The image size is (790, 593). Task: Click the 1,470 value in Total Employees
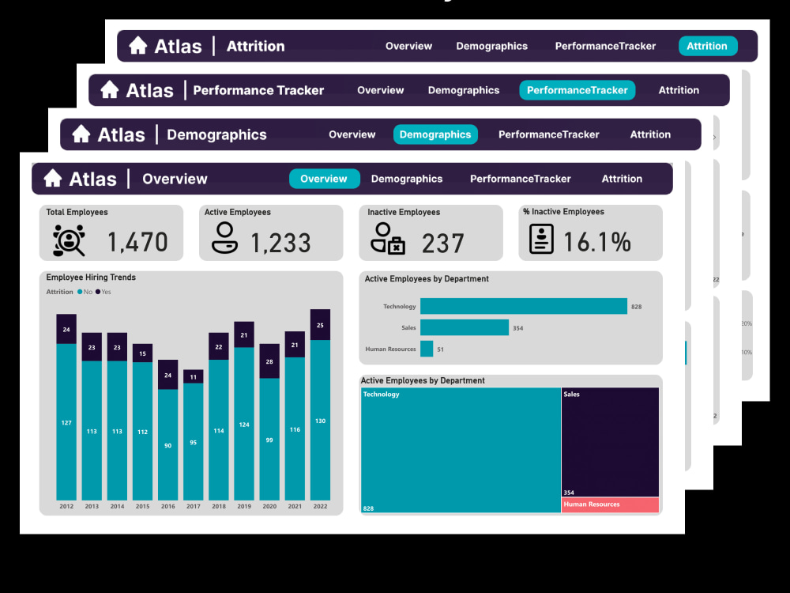click(137, 242)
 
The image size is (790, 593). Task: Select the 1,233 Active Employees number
click(280, 242)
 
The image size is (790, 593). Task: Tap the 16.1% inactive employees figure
click(596, 242)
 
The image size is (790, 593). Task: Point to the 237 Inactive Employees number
click(442, 243)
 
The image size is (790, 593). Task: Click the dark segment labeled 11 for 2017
click(194, 377)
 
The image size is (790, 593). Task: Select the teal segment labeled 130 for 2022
click(320, 420)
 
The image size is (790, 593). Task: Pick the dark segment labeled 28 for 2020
click(269, 361)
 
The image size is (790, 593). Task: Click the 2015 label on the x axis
click(142, 506)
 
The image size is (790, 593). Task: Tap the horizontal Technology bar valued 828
click(523, 306)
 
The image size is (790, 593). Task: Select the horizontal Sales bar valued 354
click(464, 327)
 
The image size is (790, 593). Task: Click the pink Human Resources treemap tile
click(610, 504)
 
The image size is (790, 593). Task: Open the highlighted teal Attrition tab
click(707, 46)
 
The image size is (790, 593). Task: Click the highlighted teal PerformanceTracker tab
click(577, 90)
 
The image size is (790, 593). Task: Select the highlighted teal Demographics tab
click(435, 134)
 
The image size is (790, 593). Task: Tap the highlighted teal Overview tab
click(324, 179)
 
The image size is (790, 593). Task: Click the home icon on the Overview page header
click(53, 179)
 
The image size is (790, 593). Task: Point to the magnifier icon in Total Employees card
click(69, 240)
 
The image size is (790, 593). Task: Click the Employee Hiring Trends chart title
click(91, 278)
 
